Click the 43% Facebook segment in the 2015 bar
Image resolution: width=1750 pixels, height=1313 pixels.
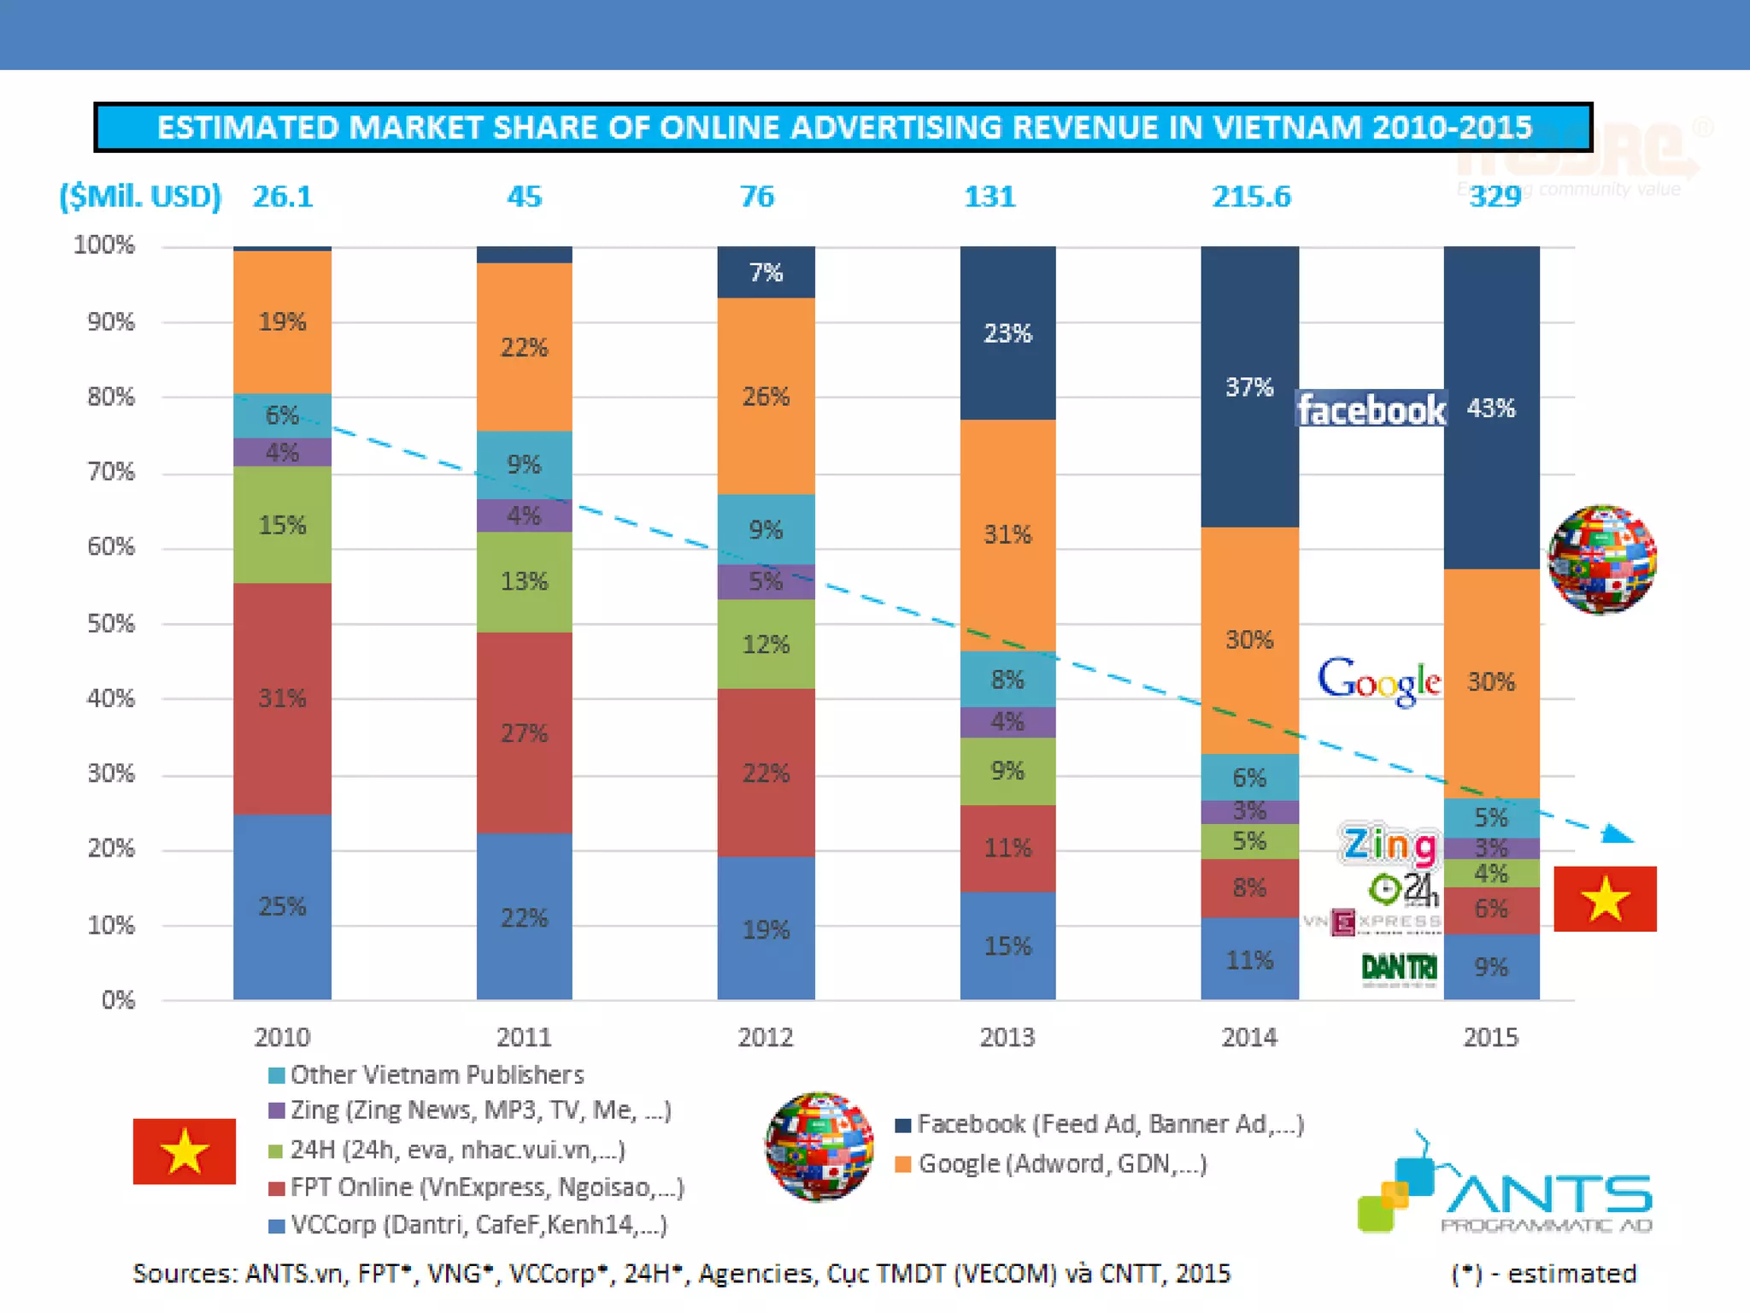[x=1491, y=409]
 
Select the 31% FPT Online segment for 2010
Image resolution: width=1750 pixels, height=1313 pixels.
[x=282, y=698]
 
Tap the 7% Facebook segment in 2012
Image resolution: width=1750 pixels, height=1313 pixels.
[x=766, y=273]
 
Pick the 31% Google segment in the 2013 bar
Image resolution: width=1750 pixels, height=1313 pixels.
[x=1007, y=535]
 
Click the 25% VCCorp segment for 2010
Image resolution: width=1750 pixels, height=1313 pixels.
[x=282, y=906]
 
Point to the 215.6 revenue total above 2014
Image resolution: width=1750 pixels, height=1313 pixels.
[x=1251, y=197]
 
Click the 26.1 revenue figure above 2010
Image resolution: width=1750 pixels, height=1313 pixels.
[x=283, y=197]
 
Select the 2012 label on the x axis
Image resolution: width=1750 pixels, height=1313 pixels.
[x=766, y=1037]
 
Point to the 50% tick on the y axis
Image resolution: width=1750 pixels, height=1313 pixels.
[x=111, y=623]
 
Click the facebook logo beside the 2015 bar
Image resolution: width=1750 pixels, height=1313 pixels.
[x=1371, y=410]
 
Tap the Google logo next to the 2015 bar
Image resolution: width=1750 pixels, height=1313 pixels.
[x=1379, y=681]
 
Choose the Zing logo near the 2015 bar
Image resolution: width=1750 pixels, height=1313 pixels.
[x=1389, y=845]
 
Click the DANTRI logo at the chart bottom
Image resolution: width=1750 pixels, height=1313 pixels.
[x=1399, y=968]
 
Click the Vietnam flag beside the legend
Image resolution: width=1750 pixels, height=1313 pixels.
[x=184, y=1151]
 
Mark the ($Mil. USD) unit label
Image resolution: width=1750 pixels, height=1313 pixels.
[x=140, y=197]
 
